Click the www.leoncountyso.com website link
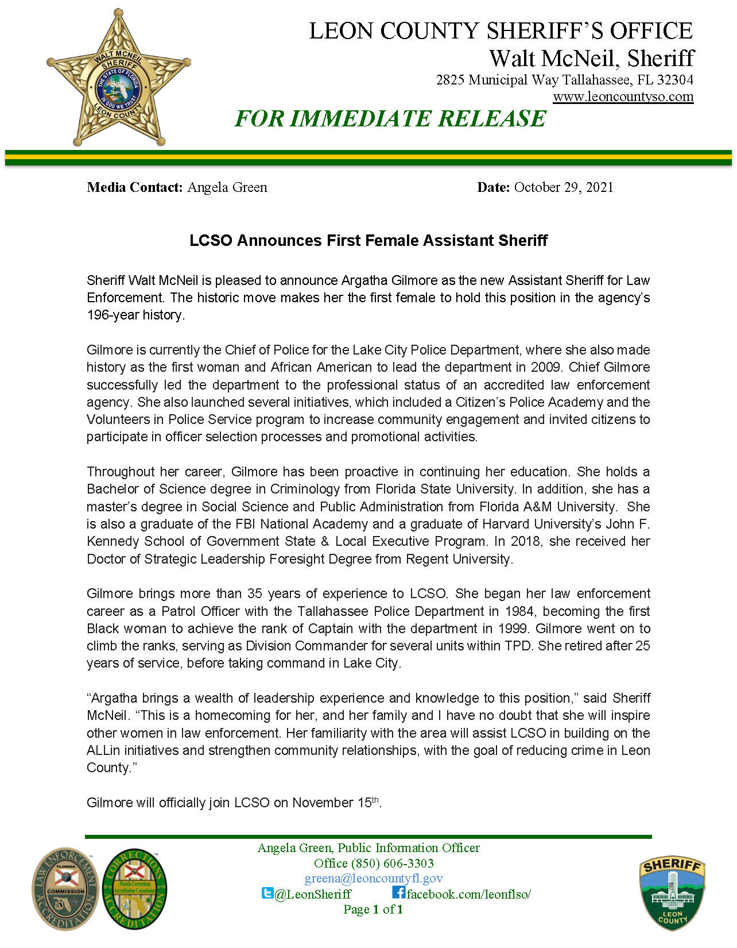point(623,97)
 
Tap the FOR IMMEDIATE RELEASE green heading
point(390,118)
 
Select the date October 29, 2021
point(563,187)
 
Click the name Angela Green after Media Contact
point(227,187)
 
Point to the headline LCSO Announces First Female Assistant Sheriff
point(368,240)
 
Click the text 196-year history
point(135,315)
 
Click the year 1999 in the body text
point(513,629)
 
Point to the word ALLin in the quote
point(103,750)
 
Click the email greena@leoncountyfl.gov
point(374,878)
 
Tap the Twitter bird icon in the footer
point(267,893)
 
